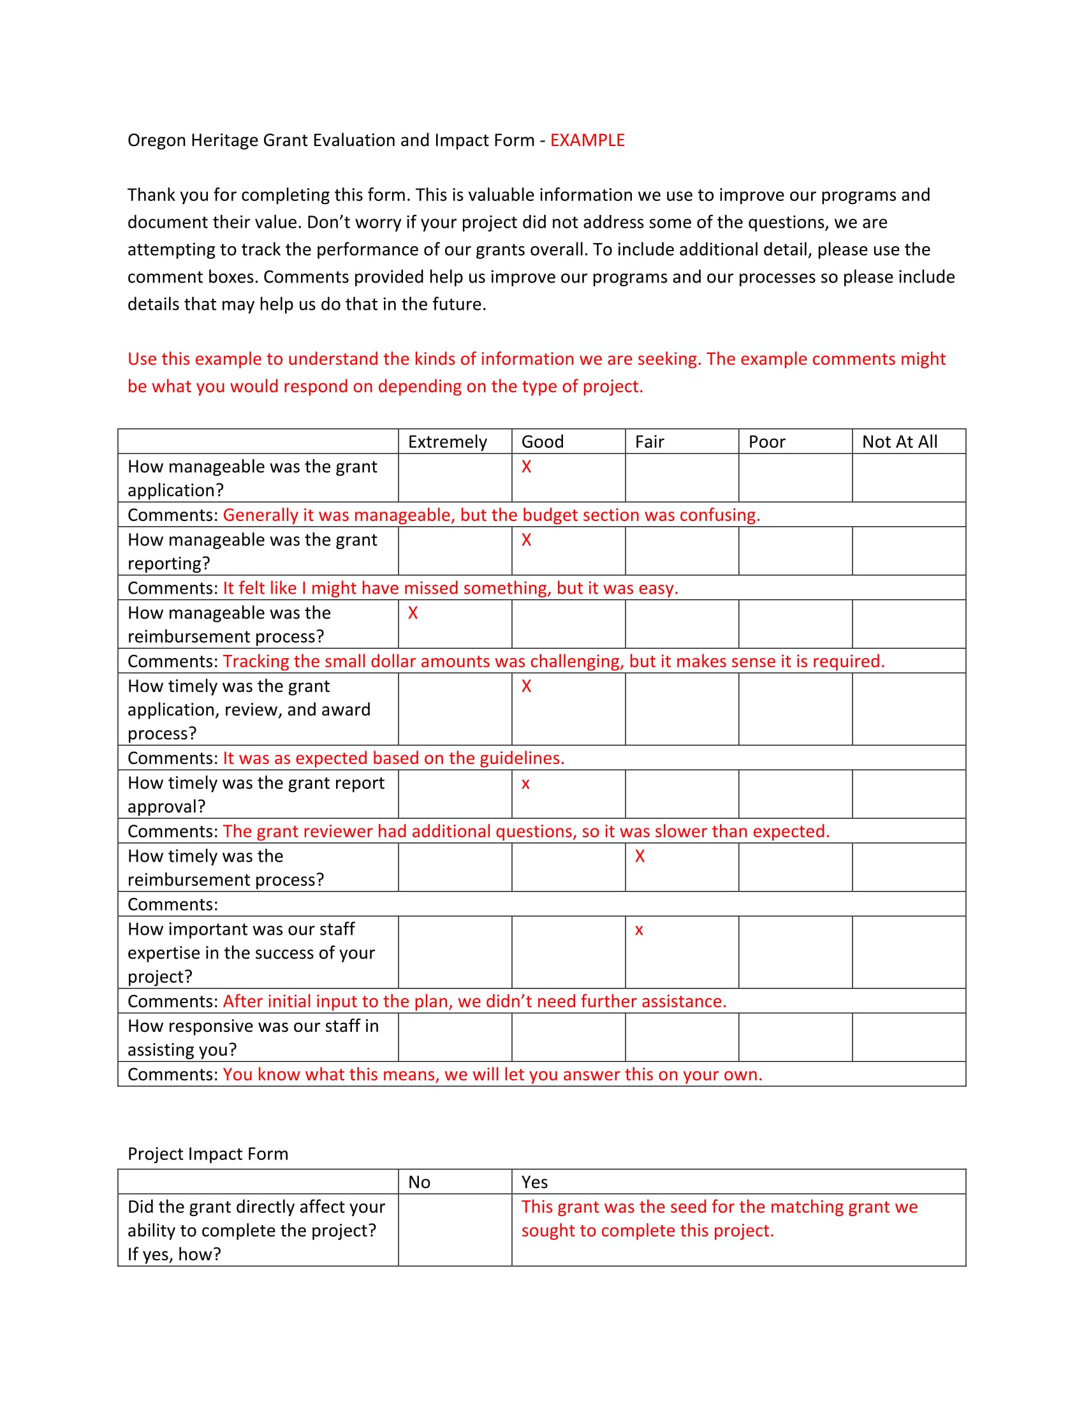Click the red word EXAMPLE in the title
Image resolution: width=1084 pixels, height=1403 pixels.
tap(587, 140)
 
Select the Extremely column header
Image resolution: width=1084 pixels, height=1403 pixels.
tap(447, 442)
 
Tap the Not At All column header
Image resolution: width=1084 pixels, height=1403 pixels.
tap(899, 442)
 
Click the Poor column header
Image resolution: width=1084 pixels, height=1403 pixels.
tap(766, 442)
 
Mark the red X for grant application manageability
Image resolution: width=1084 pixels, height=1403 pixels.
tap(526, 467)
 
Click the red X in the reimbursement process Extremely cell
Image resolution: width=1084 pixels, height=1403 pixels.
tap(413, 613)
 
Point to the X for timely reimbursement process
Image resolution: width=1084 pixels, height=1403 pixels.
tap(639, 856)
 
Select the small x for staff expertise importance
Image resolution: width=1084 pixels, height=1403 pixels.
tap(638, 930)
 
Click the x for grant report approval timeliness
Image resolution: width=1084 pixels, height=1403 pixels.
tap(525, 784)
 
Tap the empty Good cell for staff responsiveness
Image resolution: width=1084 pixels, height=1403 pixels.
tap(568, 1038)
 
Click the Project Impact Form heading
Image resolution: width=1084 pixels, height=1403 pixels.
tap(207, 1154)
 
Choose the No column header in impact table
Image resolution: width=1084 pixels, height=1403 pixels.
tap(419, 1182)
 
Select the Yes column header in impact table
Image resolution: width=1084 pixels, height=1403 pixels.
tap(534, 1182)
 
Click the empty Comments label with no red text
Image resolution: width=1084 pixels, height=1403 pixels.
tap(173, 904)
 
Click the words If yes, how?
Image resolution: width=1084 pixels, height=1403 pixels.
tap(174, 1254)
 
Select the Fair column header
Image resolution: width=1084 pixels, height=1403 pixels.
tap(649, 442)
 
